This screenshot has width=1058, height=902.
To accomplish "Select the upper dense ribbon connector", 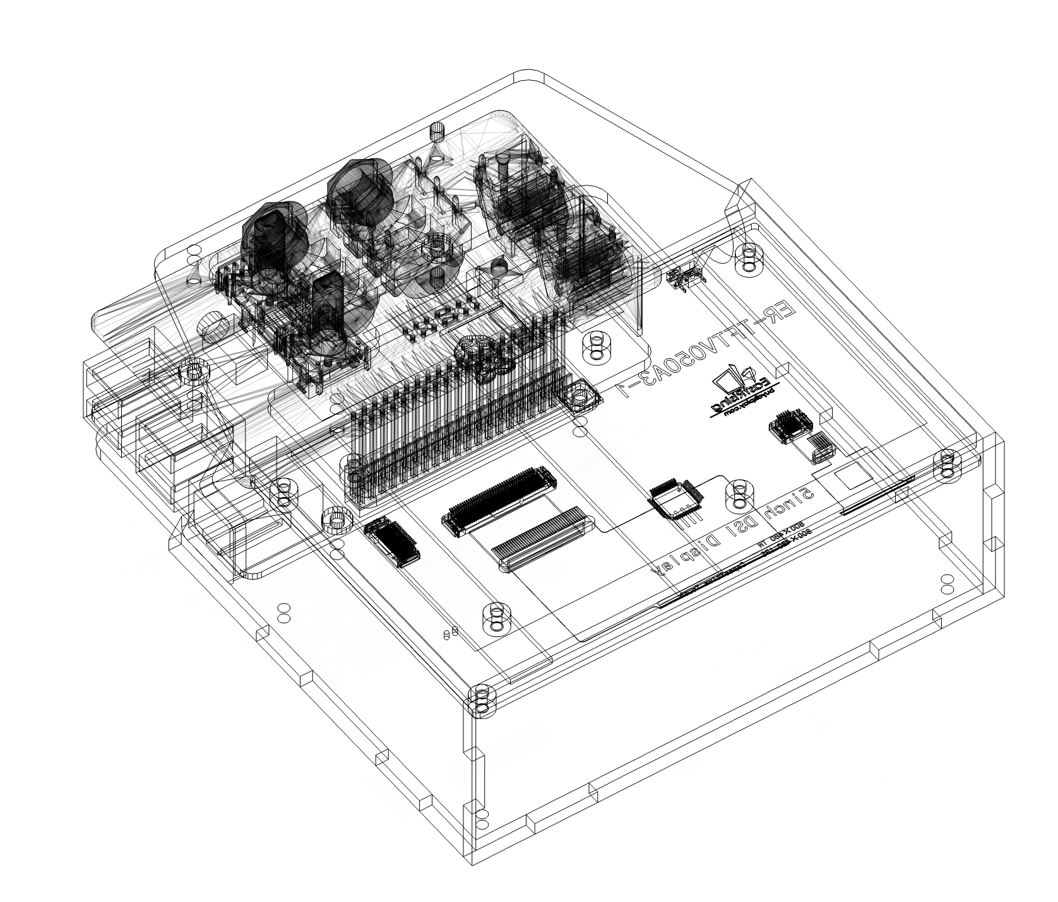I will [x=499, y=501].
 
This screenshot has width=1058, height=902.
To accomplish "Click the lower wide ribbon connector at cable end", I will [x=543, y=539].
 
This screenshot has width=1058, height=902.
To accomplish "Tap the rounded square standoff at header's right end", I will [x=579, y=396].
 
